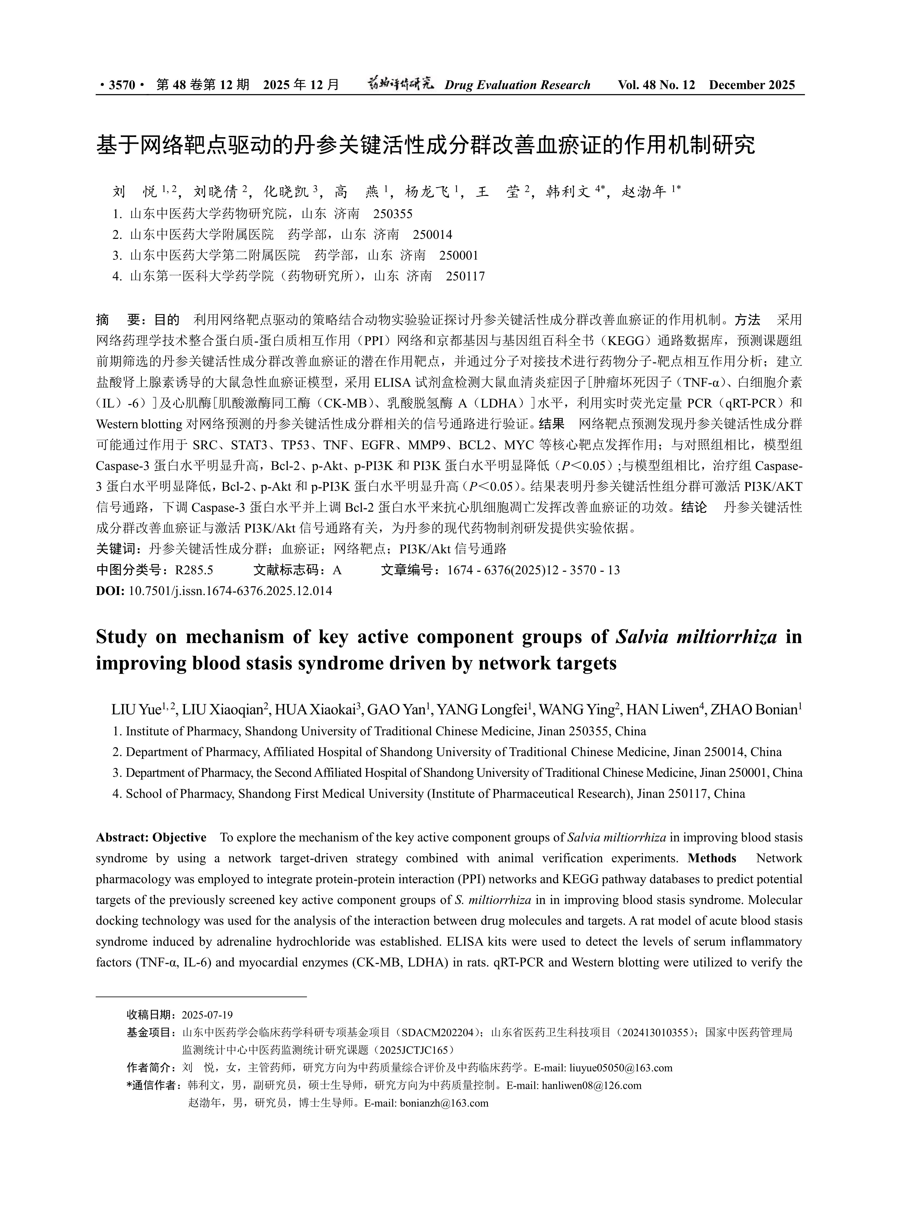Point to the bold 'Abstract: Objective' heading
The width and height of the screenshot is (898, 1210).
coord(151,838)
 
